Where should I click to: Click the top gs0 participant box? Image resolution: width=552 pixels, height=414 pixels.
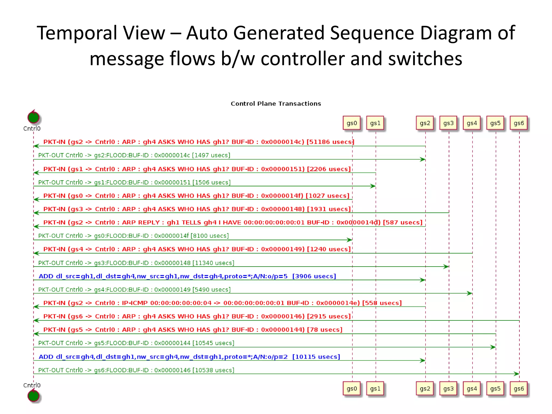(x=351, y=123)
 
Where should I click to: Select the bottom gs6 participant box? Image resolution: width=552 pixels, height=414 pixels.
(x=519, y=389)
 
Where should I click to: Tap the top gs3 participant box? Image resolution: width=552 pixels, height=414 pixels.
(x=448, y=123)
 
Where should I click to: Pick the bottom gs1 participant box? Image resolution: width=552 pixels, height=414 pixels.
(x=375, y=389)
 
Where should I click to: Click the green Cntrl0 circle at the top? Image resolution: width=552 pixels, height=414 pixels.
(x=33, y=118)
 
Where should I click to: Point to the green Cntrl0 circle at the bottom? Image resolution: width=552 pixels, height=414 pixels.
(x=33, y=396)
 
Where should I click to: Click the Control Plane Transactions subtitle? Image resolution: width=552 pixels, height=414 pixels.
(x=276, y=104)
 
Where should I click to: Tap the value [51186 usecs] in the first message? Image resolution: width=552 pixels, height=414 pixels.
(x=330, y=142)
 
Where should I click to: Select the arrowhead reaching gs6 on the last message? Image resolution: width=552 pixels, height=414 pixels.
(x=516, y=374)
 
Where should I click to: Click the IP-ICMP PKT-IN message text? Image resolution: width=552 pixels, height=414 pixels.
(x=222, y=303)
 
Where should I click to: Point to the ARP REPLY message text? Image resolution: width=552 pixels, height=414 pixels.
(x=233, y=222)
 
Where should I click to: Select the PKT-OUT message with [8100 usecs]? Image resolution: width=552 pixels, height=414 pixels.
(x=133, y=236)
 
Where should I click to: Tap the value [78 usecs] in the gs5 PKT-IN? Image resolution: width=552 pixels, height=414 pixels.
(x=325, y=330)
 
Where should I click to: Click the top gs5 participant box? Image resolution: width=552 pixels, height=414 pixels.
(x=495, y=123)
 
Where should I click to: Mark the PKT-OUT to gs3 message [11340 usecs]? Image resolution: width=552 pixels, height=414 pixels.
(x=136, y=263)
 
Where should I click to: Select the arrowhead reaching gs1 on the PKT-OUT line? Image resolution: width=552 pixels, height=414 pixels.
(x=373, y=186)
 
